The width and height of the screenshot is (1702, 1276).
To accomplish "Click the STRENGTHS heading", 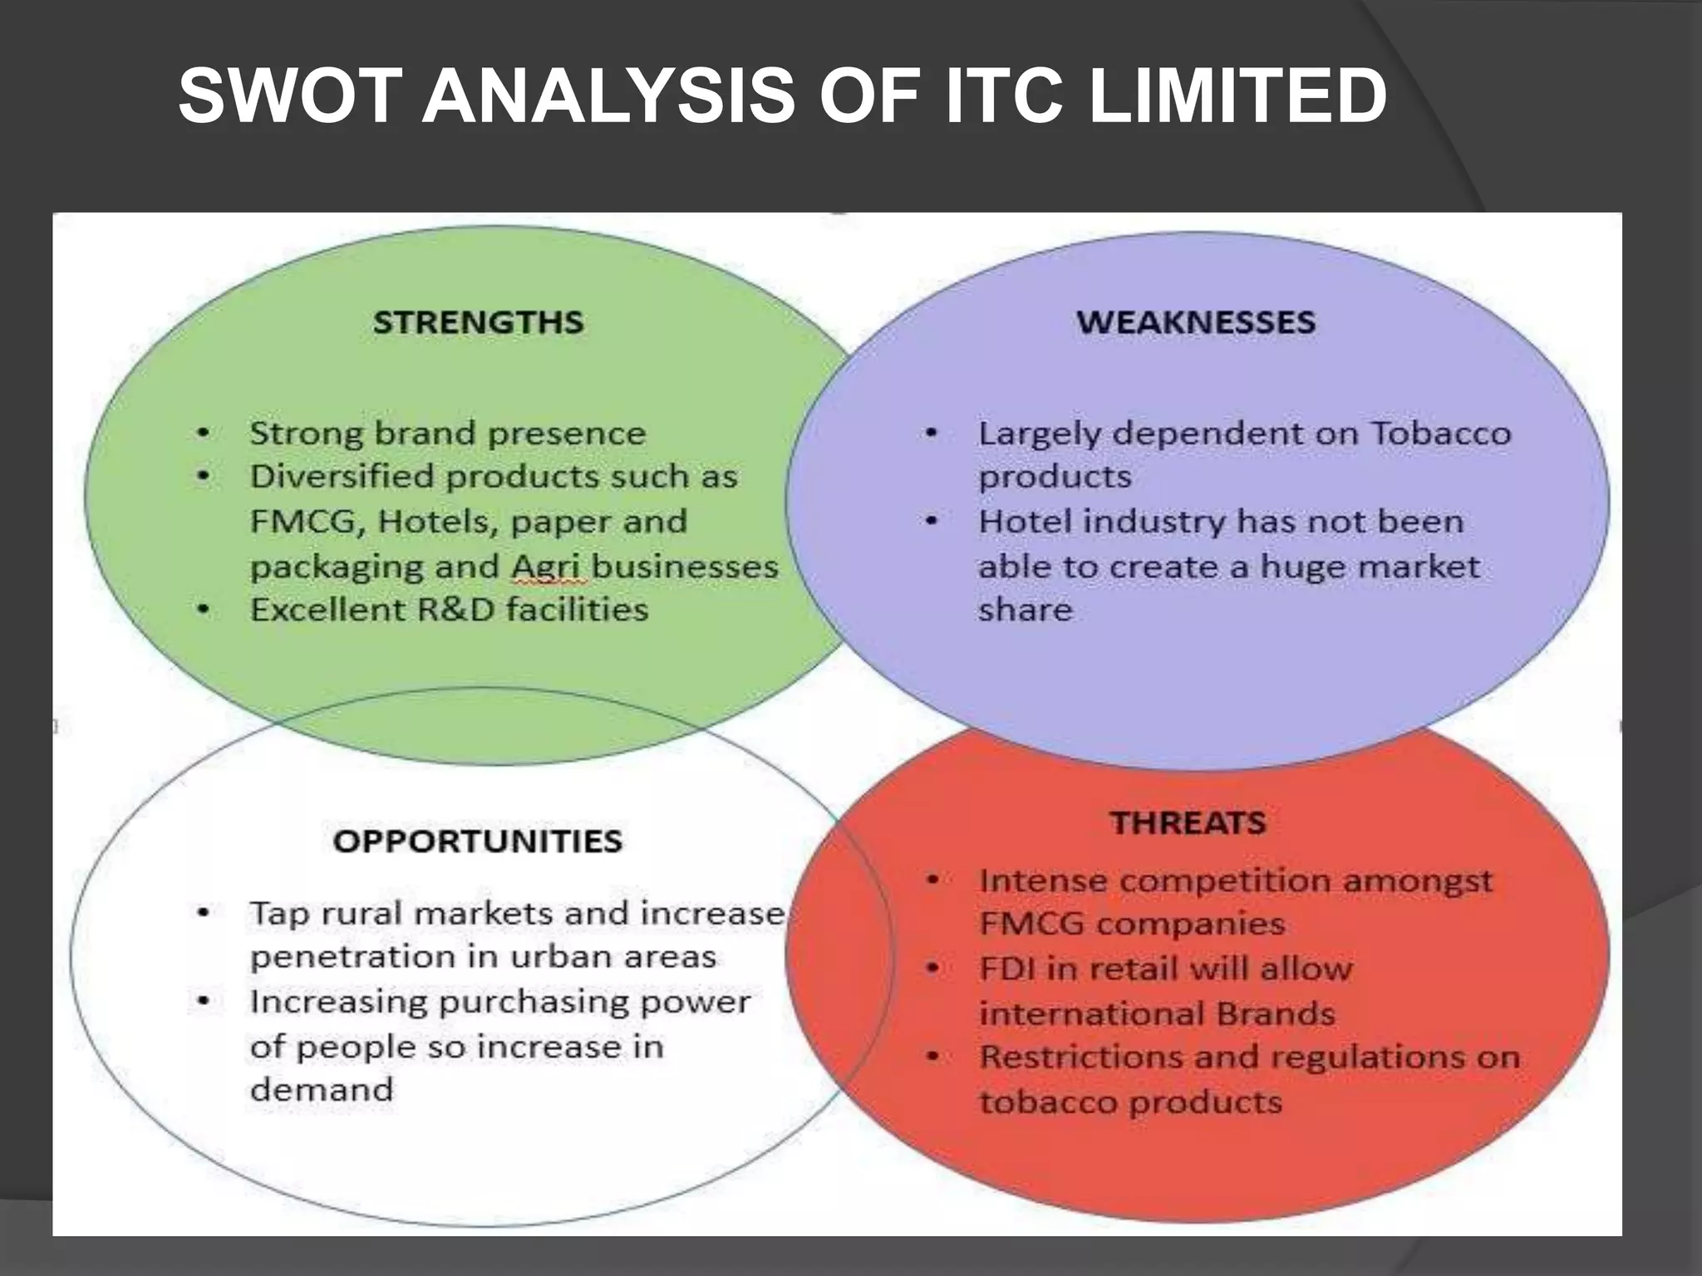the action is tap(478, 322).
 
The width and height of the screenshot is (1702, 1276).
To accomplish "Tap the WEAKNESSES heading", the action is tap(1196, 322).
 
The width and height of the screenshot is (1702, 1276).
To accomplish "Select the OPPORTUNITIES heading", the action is tap(477, 842).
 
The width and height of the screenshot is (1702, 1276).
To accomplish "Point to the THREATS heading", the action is tap(1188, 823).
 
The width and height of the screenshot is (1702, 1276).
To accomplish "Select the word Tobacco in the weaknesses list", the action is tap(1440, 434).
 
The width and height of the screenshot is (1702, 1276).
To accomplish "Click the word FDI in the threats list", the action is tap(1006, 969).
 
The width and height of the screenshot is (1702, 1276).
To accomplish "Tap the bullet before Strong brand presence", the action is tap(203, 434).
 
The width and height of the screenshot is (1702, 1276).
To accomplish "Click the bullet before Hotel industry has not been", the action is tap(932, 522).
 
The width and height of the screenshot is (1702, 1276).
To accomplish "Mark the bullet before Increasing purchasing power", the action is tap(203, 1002).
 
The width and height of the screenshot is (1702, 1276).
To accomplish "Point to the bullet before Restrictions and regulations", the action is tap(932, 1058).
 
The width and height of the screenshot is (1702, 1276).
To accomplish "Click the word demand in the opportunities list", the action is tap(321, 1090).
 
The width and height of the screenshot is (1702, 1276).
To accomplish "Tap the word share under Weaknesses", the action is tap(1025, 611).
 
